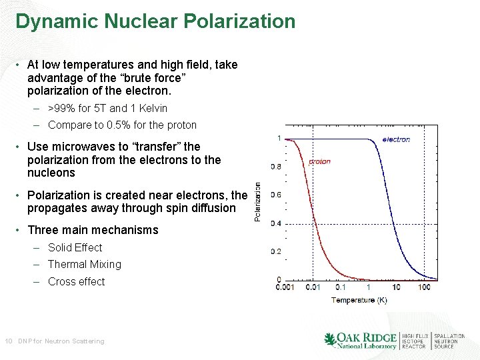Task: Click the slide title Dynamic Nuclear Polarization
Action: pos(155,21)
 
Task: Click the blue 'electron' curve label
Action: pos(396,139)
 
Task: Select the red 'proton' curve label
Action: pos(320,161)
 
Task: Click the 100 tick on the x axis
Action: pos(424,287)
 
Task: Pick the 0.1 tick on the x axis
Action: pos(340,287)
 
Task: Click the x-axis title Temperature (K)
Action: pos(359,300)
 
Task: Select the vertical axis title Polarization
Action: pos(259,202)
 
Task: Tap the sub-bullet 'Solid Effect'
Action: pos(75,247)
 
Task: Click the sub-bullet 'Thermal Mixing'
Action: pos(85,264)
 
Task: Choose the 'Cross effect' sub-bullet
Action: pos(77,281)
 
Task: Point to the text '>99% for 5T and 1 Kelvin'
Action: pos(107,108)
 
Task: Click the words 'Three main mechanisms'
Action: pos(93,230)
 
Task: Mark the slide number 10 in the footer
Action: pos(9,341)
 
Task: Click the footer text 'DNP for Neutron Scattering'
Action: pos(61,341)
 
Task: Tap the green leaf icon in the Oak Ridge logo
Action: pos(330,339)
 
